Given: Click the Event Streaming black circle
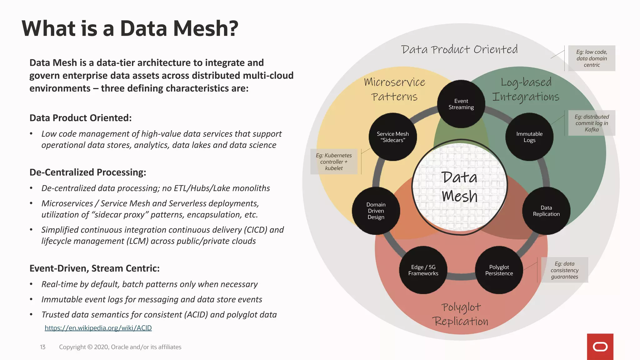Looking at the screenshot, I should click(x=461, y=104).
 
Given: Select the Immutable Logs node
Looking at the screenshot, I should click(x=529, y=137).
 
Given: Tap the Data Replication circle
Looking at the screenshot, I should click(x=546, y=211).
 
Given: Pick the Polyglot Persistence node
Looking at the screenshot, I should click(x=499, y=270).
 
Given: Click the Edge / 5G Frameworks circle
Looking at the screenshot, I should click(x=423, y=270).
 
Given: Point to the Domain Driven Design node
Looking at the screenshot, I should click(x=376, y=211).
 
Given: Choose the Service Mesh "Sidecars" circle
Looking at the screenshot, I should click(x=393, y=137).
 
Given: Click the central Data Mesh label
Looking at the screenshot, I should click(x=459, y=187).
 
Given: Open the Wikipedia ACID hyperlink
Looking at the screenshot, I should click(x=98, y=328).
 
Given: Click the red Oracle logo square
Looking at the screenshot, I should click(x=600, y=347).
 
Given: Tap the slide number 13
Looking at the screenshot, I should click(x=42, y=347).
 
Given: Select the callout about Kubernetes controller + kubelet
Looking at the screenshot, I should click(x=334, y=162).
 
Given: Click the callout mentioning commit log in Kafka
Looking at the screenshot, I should click(x=592, y=123).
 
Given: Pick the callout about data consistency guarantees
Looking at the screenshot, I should click(x=564, y=270).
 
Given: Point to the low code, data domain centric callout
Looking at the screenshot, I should click(x=592, y=58).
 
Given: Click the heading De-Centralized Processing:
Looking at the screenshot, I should click(x=88, y=172).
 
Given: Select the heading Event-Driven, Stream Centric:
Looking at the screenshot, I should click(x=94, y=268).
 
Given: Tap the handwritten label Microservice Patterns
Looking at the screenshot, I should click(x=394, y=89).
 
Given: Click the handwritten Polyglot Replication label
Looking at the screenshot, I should click(x=461, y=314).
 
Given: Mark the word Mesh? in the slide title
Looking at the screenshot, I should click(x=206, y=28).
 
